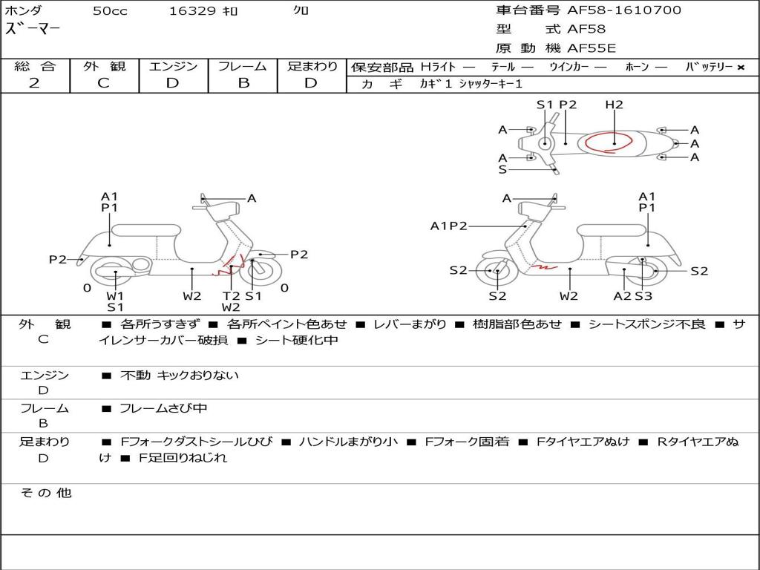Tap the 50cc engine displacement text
point(110,11)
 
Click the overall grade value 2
point(34,83)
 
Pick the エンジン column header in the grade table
point(173,67)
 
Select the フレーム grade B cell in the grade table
point(243,83)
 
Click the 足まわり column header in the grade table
point(312,67)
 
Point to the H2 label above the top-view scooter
point(614,105)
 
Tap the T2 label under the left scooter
point(231,295)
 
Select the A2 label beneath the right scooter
point(622,296)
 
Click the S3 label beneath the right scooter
point(643,296)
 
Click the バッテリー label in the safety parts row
point(709,67)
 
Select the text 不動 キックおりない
point(179,376)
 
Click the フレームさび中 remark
point(163,408)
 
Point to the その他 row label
point(45,493)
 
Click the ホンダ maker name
point(24,10)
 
